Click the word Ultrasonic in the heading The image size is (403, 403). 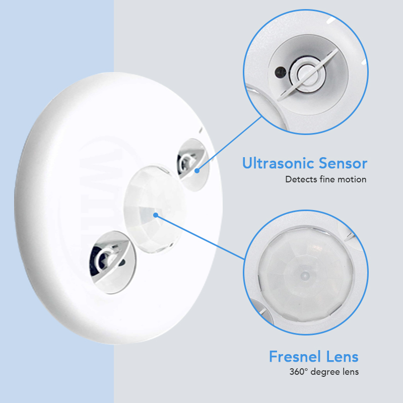click(279, 163)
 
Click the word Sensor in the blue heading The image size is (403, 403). click(343, 163)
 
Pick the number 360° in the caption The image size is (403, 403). click(298, 372)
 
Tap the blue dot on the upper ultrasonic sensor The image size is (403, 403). click(197, 170)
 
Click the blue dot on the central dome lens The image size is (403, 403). click(156, 215)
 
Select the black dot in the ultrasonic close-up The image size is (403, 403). click(280, 72)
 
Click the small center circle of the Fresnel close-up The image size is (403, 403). click(305, 276)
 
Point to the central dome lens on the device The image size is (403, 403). click(154, 209)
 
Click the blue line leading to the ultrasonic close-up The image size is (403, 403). click(229, 144)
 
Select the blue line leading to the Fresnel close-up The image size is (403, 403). click(200, 237)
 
